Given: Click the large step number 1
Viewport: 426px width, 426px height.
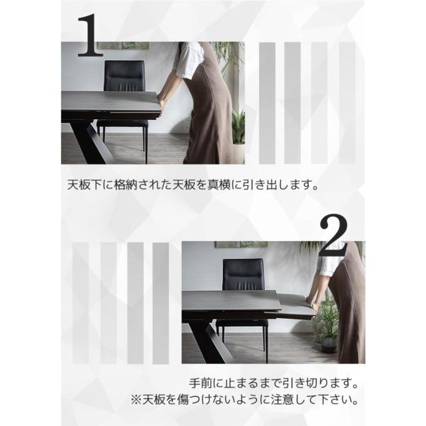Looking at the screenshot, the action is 91,35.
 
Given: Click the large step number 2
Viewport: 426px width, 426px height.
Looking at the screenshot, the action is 333,236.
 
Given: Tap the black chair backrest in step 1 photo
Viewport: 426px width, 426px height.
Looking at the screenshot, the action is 124,75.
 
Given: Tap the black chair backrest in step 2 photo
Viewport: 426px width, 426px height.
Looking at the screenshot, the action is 243,274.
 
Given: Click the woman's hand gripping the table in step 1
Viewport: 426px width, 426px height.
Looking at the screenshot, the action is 161,103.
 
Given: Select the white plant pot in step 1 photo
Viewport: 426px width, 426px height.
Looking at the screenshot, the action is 238,154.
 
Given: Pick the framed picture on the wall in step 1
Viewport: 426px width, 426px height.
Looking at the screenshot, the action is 124,46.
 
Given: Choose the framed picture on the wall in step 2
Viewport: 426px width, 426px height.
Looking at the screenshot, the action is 241,244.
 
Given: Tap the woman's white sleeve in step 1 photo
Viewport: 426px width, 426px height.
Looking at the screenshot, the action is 187,61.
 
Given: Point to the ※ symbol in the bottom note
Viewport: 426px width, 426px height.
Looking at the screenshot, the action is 136,400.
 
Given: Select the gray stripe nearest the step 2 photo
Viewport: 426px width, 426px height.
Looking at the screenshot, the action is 161,304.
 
